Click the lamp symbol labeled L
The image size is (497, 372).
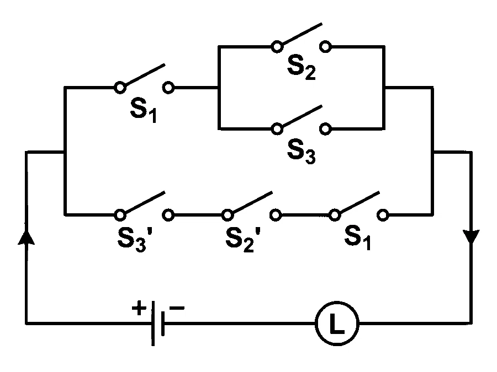(x=337, y=323)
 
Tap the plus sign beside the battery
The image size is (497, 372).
(x=139, y=308)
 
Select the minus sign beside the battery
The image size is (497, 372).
(x=177, y=308)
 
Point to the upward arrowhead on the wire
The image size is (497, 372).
(x=27, y=237)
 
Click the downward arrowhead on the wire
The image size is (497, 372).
(x=472, y=237)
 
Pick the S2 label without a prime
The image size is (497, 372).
(x=301, y=67)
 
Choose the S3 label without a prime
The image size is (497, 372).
(x=301, y=151)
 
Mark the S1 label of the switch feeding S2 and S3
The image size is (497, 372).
(x=144, y=110)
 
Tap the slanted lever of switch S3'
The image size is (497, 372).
(x=144, y=202)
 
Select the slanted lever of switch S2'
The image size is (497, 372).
(x=252, y=202)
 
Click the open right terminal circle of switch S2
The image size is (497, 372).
(x=325, y=47)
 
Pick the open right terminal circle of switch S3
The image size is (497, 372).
(x=325, y=129)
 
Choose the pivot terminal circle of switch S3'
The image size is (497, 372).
(x=119, y=215)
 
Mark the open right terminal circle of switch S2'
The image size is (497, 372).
(x=276, y=215)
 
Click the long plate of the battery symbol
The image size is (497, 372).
(x=153, y=323)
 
